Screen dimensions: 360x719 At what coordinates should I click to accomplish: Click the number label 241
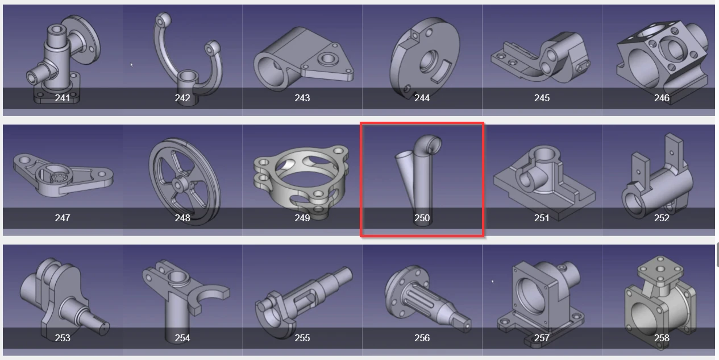pos(63,98)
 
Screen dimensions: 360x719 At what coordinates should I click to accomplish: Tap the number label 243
pos(302,98)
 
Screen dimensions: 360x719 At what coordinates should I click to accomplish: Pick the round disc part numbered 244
pos(421,57)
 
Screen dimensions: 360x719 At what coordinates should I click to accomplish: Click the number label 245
pos(542,98)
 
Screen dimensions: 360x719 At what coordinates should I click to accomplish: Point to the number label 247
pos(63,218)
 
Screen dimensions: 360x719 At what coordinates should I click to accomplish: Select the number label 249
pos(302,218)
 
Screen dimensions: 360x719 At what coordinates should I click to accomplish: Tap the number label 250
pos(422,218)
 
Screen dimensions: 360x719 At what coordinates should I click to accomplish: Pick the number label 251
pos(542,218)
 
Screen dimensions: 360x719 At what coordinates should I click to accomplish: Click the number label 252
pos(662,218)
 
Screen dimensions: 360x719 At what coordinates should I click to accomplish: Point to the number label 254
pos(182,338)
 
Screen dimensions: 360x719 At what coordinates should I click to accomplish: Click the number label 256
pos(422,338)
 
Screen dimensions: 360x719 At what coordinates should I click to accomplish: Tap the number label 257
pos(542,338)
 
